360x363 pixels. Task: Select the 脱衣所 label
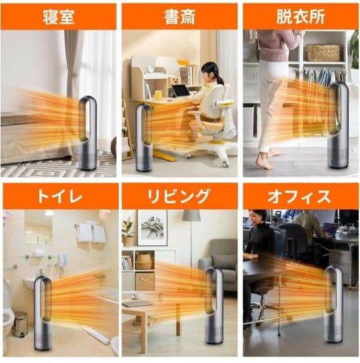tap(300, 16)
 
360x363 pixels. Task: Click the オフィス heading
tap(300, 196)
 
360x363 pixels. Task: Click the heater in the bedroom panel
tap(87, 133)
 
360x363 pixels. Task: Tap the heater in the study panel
tap(144, 137)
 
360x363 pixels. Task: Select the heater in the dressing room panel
tap(337, 127)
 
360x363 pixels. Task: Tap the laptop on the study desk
tap(181, 90)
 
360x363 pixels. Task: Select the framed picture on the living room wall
tap(152, 228)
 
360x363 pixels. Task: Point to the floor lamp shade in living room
tap(192, 216)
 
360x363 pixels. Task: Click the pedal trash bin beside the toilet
tap(21, 324)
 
